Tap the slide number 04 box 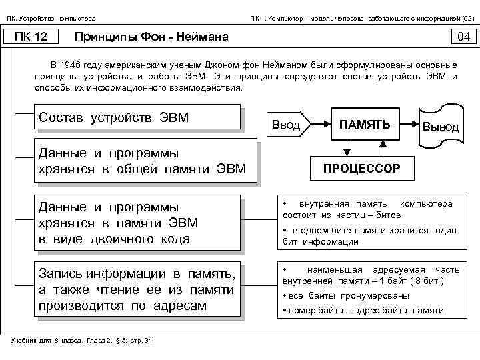463,36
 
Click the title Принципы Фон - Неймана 152,37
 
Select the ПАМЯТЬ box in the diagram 364,124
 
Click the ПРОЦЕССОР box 362,168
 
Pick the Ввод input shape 287,125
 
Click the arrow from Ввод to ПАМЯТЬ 319,124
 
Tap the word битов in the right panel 388,216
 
